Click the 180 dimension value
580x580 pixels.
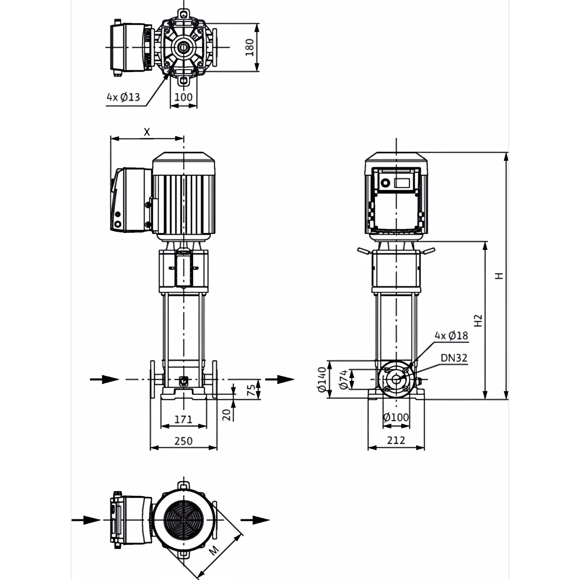[x=250, y=48]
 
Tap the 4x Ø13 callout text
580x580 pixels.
[x=123, y=97]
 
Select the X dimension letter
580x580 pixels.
[x=147, y=132]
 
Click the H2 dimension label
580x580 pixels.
[x=478, y=320]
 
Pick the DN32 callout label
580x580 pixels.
[x=454, y=358]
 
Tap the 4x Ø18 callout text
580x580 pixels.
[x=451, y=336]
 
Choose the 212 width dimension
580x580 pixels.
[x=396, y=440]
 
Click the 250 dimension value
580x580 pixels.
[x=183, y=441]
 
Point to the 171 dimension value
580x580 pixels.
[x=183, y=419]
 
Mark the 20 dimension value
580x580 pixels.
[x=226, y=414]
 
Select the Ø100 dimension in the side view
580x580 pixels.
[x=396, y=417]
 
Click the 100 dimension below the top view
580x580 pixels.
[x=183, y=97]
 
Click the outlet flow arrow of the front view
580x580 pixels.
[x=280, y=379]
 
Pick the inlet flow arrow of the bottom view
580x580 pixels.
[x=86, y=520]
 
